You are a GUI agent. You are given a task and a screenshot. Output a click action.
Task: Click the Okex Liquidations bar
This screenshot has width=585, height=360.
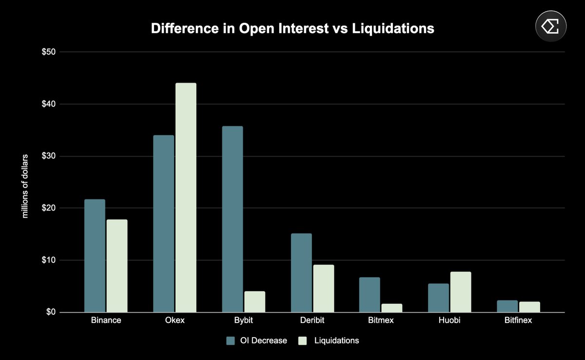(186, 198)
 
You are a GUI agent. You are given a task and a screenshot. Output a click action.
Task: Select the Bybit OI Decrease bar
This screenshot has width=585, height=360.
(232, 219)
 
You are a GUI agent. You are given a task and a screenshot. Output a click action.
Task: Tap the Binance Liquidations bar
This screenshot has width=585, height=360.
(117, 266)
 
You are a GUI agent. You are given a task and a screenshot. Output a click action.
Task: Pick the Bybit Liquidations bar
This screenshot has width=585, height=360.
(254, 302)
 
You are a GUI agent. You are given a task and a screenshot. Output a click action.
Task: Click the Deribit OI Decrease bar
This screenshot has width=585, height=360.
(301, 273)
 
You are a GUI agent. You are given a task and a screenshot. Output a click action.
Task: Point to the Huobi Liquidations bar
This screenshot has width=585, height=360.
(461, 292)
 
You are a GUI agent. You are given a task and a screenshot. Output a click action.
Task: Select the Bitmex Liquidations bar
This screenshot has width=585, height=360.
(392, 308)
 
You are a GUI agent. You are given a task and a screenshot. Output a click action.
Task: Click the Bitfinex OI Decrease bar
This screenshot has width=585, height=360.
(507, 306)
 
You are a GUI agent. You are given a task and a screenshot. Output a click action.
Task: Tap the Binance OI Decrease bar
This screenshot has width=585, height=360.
(95, 256)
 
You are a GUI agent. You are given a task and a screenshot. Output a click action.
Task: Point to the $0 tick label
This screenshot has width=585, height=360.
(51, 312)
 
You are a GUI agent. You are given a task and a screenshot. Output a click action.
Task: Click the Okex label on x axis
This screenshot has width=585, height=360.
(175, 321)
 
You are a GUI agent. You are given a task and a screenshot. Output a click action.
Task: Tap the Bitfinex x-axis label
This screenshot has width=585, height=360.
(519, 321)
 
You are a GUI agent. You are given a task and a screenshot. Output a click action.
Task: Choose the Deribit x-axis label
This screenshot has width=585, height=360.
(312, 321)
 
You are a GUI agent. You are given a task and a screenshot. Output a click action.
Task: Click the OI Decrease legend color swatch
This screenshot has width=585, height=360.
(231, 340)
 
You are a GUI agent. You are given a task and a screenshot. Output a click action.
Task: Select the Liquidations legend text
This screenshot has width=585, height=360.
(336, 340)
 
